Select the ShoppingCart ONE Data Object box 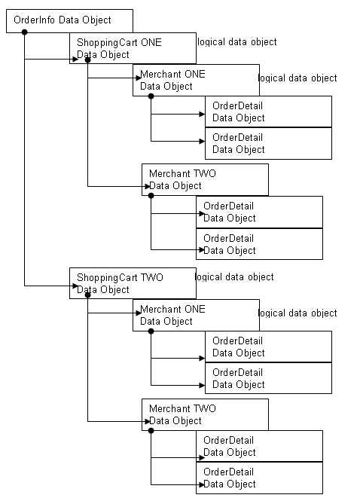point(132,48)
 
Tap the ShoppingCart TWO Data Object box point(132,283)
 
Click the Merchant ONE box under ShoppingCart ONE point(196,80)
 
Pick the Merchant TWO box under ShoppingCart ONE point(205,179)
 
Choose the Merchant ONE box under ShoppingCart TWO point(196,315)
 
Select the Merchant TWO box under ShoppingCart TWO point(205,414)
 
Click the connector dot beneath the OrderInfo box point(25,32)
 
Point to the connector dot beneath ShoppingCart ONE point(88,60)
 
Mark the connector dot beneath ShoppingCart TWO point(88,295)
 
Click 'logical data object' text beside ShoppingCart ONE point(236,42)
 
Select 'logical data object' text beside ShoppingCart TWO point(235,277)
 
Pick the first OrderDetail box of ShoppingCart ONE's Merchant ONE point(268,111)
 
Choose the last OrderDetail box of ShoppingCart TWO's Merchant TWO point(259,478)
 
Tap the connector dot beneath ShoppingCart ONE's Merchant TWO point(151,196)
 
